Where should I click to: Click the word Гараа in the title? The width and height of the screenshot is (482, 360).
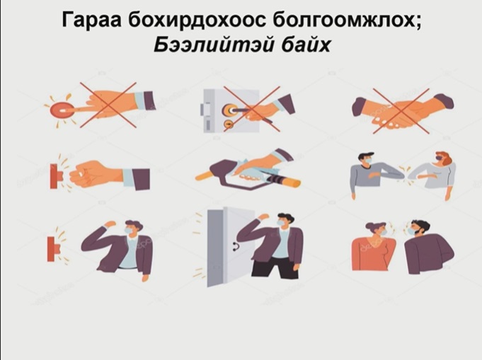(x=91, y=20)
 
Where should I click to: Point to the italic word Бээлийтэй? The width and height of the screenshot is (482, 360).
(x=213, y=45)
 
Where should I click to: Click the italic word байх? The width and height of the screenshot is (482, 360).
(x=306, y=45)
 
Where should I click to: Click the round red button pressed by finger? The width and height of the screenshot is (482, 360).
(x=62, y=110)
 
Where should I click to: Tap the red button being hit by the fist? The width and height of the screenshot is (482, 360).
(x=56, y=176)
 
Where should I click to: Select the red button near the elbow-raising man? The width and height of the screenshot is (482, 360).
(x=54, y=249)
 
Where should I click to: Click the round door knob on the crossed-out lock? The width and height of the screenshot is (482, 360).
(x=229, y=109)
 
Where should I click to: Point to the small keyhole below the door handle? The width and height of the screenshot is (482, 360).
(x=229, y=124)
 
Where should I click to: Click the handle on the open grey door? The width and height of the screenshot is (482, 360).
(x=237, y=245)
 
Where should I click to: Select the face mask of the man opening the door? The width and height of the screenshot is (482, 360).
(x=281, y=223)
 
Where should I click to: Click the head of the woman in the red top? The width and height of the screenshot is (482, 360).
(x=377, y=229)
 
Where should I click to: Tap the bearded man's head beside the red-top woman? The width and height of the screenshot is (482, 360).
(x=418, y=228)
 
